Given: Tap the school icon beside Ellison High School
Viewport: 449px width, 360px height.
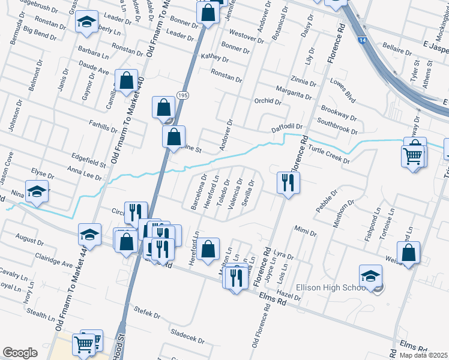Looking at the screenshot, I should coord(371,277).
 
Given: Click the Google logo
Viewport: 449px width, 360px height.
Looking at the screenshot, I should coord(20,353).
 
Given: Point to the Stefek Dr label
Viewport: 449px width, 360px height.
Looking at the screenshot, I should coord(148,314).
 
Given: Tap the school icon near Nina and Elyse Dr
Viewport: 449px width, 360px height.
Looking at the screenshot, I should coord(37,191).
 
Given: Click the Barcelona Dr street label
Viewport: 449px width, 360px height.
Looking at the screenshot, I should coord(198,192).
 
